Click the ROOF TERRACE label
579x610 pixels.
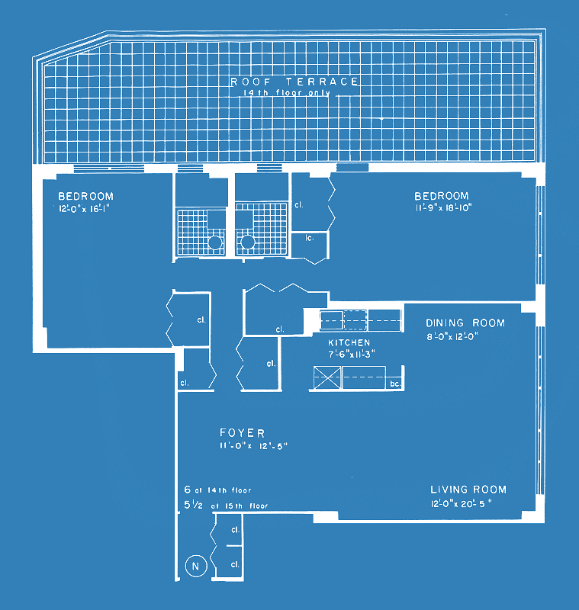[294, 81]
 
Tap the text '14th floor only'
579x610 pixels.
[287, 93]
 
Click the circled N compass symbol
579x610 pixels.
[195, 566]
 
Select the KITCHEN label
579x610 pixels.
[349, 343]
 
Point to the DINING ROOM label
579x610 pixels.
[465, 323]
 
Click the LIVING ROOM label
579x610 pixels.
[468, 490]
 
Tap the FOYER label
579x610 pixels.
[240, 433]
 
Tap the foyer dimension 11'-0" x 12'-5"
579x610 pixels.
[253, 445]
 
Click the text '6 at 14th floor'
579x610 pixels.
[217, 490]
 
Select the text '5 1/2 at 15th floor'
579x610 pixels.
[226, 505]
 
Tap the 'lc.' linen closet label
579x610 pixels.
[310, 239]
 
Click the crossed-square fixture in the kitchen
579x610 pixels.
[326, 377]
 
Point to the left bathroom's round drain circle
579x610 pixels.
[216, 242]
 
